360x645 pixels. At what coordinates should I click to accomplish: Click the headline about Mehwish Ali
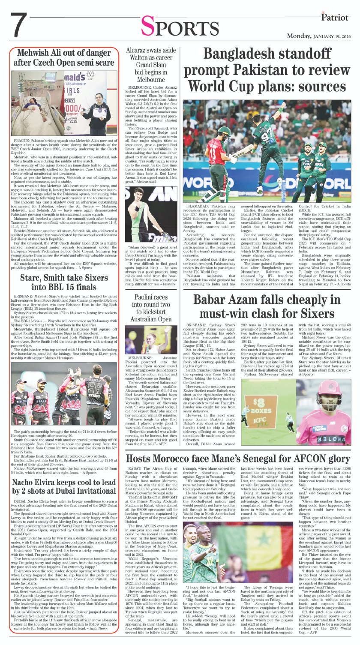pos(65,58)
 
